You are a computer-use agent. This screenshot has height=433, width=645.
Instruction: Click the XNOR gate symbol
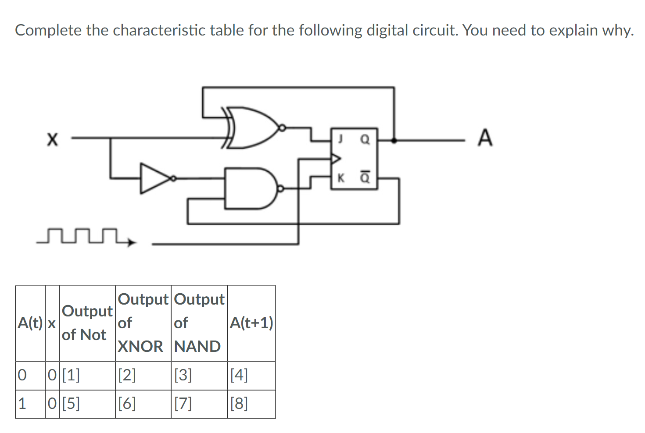(252, 128)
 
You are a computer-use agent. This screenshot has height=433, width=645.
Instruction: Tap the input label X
(52, 139)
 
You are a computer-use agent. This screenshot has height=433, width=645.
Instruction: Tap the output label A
(485, 138)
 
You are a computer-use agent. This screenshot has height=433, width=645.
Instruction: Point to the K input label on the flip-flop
(340, 178)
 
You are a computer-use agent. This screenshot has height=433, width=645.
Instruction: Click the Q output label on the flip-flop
(365, 139)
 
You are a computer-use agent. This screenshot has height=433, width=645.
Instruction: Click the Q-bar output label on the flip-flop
(365, 177)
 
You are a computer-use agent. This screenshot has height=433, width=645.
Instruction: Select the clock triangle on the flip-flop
(336, 158)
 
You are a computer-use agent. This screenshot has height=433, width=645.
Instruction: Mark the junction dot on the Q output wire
(394, 140)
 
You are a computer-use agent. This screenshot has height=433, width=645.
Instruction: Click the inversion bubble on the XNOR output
(283, 128)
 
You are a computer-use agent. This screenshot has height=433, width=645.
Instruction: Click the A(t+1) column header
(251, 323)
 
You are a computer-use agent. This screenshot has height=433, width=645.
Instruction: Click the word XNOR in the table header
(140, 346)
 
